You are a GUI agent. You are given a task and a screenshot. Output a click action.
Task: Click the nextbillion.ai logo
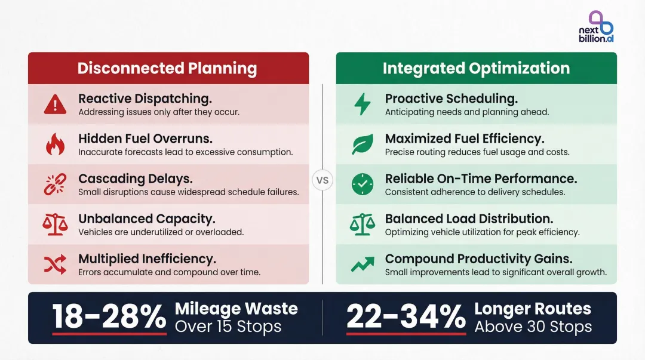pyautogui.click(x=596, y=27)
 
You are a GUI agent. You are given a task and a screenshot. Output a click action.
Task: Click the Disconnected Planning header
pyautogui.click(x=167, y=68)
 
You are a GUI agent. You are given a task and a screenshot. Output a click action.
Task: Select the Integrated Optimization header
pyautogui.click(x=476, y=68)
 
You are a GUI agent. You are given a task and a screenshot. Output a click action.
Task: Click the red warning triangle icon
pyautogui.click(x=55, y=104)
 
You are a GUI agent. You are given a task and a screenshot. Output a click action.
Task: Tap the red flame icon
pyautogui.click(x=55, y=144)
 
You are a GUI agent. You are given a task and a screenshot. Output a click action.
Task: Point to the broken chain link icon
pyautogui.click(x=55, y=184)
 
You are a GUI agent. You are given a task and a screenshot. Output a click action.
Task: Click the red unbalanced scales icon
pyautogui.click(x=55, y=224)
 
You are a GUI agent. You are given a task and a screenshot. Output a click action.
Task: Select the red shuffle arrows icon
pyautogui.click(x=55, y=264)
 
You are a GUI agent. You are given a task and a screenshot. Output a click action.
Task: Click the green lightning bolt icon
pyautogui.click(x=362, y=104)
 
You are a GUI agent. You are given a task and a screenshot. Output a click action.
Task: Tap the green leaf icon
pyautogui.click(x=362, y=144)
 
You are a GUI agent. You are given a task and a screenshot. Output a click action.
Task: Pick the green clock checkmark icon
pyautogui.click(x=362, y=184)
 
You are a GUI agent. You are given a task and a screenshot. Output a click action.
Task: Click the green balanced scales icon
pyautogui.click(x=362, y=224)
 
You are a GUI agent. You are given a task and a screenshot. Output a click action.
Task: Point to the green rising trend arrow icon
pyautogui.click(x=362, y=264)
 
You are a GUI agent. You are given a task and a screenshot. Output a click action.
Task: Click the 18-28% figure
pyautogui.click(x=109, y=316)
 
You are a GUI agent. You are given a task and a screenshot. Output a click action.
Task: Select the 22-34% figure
pyautogui.click(x=406, y=316)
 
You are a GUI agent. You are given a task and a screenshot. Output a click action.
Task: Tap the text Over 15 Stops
pyautogui.click(x=228, y=327)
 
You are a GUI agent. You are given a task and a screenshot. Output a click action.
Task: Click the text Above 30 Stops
pyautogui.click(x=533, y=327)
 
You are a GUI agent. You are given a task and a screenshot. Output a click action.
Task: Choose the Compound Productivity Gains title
pyautogui.click(x=478, y=259)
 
